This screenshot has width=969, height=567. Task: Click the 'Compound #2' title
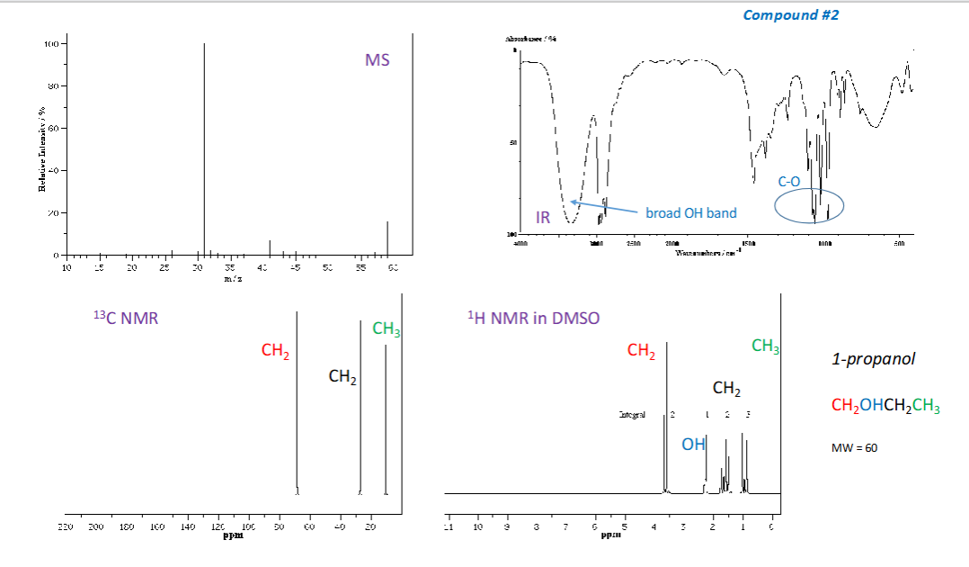(790, 15)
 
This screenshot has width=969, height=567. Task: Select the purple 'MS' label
(378, 60)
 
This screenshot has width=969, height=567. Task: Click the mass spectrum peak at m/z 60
(387, 238)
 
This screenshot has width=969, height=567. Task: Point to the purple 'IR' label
(543, 218)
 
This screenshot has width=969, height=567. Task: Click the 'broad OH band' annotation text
(690, 213)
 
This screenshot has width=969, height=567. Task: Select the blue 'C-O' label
(789, 181)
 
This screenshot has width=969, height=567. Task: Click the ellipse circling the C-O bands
(809, 204)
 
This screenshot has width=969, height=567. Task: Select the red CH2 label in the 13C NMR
(275, 351)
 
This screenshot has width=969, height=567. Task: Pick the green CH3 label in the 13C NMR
(386, 328)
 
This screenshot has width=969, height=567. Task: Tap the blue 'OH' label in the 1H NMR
(693, 445)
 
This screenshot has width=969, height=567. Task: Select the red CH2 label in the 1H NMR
(641, 351)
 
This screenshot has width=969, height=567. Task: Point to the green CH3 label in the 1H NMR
(765, 346)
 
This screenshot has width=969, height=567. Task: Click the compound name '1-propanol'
(873, 359)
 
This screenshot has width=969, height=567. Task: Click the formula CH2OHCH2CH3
(885, 406)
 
